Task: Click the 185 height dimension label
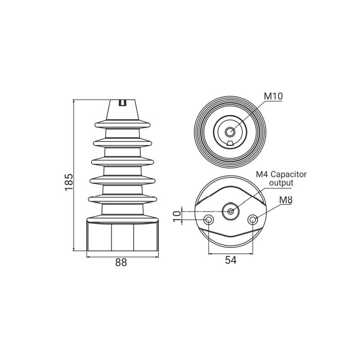pyautogui.click(x=68, y=182)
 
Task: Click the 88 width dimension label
pyautogui.click(x=121, y=262)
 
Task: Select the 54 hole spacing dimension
pyautogui.click(x=231, y=260)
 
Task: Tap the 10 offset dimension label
pyautogui.click(x=177, y=217)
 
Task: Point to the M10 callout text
pyautogui.click(x=273, y=96)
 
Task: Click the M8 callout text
pyautogui.click(x=286, y=200)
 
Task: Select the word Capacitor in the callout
pyautogui.click(x=289, y=174)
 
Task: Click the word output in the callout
pyautogui.click(x=281, y=183)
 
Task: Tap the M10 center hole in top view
pyautogui.click(x=229, y=132)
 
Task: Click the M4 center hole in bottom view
pyautogui.click(x=231, y=211)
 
